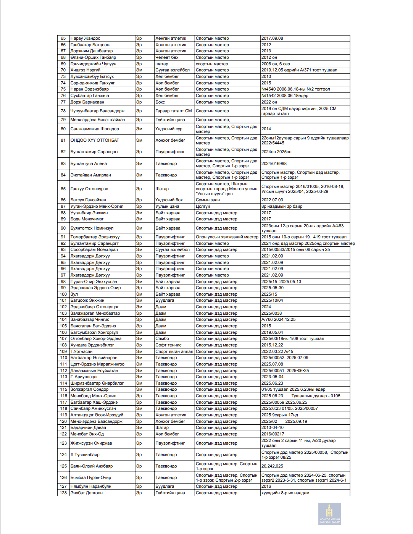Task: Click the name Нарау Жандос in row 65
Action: [86, 39]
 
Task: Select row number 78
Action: [63, 111]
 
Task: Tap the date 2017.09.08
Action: [272, 39]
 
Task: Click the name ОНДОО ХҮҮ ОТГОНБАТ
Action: [95, 141]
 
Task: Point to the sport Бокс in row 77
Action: [160, 102]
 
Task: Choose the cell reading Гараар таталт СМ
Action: [174, 111]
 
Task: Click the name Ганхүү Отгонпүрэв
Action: [89, 189]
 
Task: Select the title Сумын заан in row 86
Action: [208, 200]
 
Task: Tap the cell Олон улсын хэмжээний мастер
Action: [227, 237]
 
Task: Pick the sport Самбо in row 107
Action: [162, 339]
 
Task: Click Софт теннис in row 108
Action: [168, 345]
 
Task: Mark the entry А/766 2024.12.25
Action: [278, 320]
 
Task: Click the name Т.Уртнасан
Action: [81, 352]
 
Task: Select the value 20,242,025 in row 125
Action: [272, 466]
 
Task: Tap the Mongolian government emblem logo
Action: [329, 513]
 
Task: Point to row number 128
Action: [63, 493]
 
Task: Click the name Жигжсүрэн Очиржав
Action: [91, 443]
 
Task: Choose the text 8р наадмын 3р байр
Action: [282, 207]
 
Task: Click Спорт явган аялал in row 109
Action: [174, 352]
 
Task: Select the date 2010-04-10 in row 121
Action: [273, 428]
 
